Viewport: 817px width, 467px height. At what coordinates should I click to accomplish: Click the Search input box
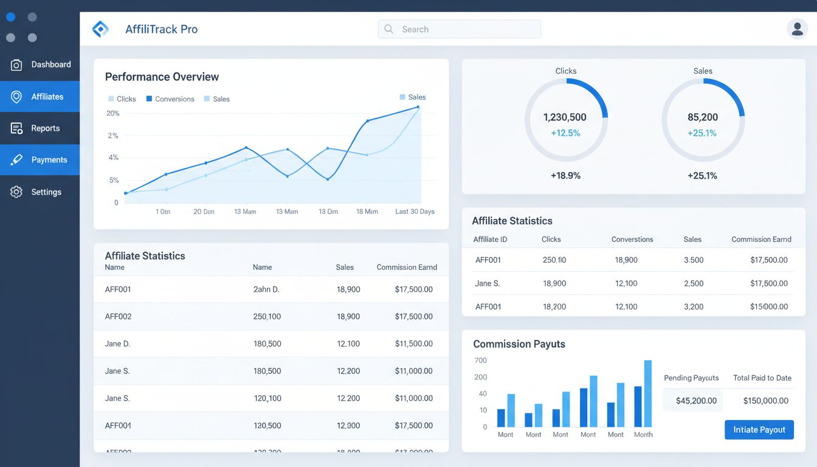pyautogui.click(x=459, y=29)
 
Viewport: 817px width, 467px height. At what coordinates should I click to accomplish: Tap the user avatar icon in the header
pyautogui.click(x=797, y=29)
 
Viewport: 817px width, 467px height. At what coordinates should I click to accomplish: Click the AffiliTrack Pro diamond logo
pyautogui.click(x=100, y=29)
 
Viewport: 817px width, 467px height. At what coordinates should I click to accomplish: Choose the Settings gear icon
pyautogui.click(x=16, y=192)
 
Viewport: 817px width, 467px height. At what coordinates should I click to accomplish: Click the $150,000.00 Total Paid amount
pyautogui.click(x=765, y=401)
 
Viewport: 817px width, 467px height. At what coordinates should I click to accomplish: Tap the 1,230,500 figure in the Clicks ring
pyautogui.click(x=565, y=117)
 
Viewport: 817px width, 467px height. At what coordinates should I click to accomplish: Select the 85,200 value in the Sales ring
pyautogui.click(x=702, y=117)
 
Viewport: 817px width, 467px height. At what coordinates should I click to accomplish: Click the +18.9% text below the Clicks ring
pyautogui.click(x=565, y=176)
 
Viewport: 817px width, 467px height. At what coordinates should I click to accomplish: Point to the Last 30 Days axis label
pyautogui.click(x=415, y=212)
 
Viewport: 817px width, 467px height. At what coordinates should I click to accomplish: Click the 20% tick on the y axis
pyautogui.click(x=113, y=114)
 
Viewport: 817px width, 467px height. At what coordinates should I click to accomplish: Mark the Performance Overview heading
pyautogui.click(x=162, y=77)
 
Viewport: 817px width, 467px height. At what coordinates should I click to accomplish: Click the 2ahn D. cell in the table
pyautogui.click(x=266, y=289)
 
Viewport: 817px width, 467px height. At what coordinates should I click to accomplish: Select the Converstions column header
pyautogui.click(x=632, y=240)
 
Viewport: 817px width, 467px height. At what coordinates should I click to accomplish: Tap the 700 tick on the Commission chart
pyautogui.click(x=480, y=361)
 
